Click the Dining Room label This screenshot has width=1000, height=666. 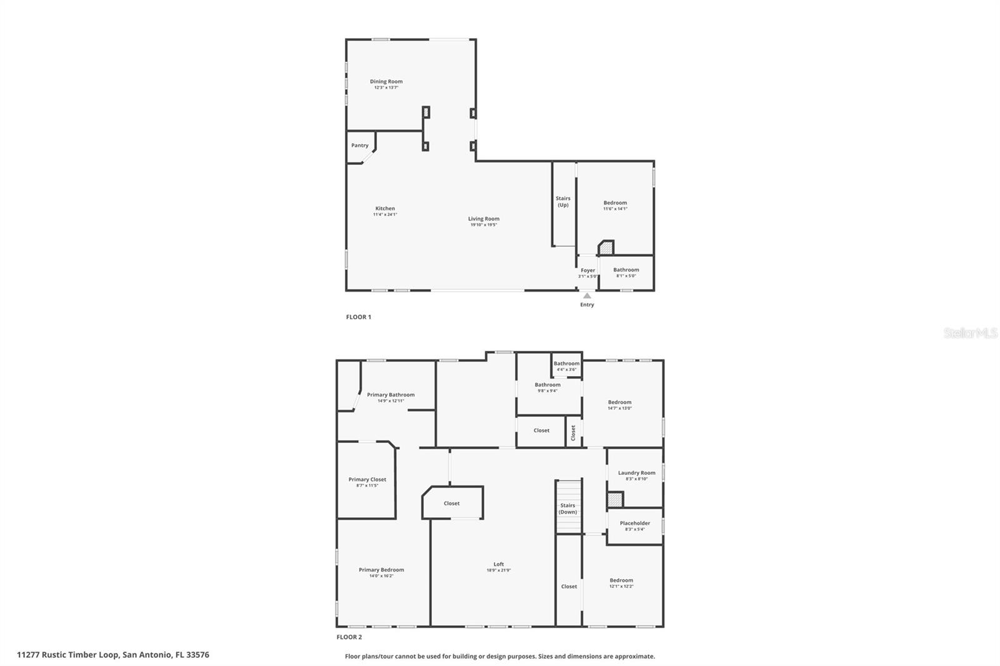coord(386,81)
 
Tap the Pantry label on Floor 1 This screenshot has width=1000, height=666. coord(359,146)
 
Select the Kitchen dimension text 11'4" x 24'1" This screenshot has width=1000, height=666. coord(385,214)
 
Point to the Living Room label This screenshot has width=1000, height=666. coord(484,219)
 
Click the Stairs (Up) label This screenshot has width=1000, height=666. coord(562,201)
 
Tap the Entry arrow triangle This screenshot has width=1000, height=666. coord(587,296)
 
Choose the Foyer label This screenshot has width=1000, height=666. coord(588,271)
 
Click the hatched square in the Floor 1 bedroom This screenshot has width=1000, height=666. coord(606,249)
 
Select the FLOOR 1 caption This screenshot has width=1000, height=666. coord(358,317)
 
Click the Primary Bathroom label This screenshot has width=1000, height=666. coord(391,395)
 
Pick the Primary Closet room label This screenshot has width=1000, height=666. coord(367,480)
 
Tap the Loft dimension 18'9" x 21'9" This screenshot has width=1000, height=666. coord(498,570)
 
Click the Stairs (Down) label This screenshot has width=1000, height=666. coord(567,509)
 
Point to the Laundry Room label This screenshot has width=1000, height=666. coord(636,473)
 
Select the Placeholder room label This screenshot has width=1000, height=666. coord(634,523)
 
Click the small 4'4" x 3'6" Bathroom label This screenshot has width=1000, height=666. coord(566,364)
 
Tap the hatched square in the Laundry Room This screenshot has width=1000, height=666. coord(615,500)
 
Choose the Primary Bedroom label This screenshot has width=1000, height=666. coord(381,570)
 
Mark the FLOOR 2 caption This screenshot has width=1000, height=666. coord(349,637)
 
